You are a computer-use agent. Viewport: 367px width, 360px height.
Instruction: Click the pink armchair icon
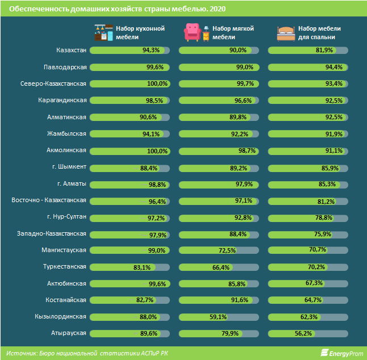[193, 32]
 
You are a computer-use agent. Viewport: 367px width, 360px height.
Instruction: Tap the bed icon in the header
[286, 34]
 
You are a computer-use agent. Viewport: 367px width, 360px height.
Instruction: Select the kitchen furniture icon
[104, 32]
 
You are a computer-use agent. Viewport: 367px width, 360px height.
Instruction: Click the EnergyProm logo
[342, 353]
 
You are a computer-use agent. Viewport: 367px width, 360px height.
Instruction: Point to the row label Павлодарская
[65, 68]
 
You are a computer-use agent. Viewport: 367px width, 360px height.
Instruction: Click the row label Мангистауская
[64, 250]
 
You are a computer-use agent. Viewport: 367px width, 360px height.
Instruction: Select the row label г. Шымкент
[69, 166]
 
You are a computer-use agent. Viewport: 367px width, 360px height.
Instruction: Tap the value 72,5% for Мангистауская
[227, 250]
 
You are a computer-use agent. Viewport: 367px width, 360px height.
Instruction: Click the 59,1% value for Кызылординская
[218, 317]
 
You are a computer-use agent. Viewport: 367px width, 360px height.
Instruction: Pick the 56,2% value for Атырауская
[303, 333]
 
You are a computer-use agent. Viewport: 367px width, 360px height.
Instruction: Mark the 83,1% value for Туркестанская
[142, 267]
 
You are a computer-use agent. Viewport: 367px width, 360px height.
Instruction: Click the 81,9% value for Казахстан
[324, 50]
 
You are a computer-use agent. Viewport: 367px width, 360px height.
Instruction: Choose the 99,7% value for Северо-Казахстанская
[245, 83]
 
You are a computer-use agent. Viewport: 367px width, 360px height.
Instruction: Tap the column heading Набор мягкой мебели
[233, 33]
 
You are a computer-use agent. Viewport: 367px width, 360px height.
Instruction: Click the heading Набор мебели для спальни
[319, 33]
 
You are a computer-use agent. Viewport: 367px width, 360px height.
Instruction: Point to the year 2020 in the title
[218, 9]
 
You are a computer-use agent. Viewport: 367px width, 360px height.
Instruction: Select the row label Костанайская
[66, 300]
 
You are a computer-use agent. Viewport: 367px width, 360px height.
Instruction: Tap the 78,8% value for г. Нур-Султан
[324, 217]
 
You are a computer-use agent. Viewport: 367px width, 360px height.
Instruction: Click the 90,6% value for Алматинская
[148, 117]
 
